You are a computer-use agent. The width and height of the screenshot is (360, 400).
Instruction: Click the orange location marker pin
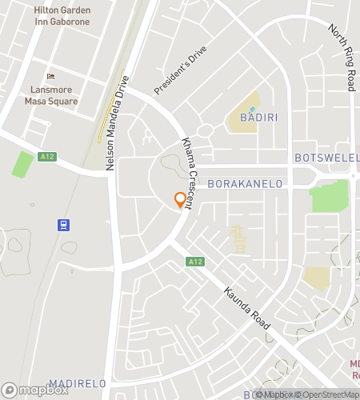(180, 200)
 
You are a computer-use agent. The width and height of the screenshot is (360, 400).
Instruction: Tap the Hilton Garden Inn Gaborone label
(62, 15)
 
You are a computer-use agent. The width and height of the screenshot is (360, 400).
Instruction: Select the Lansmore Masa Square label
(50, 96)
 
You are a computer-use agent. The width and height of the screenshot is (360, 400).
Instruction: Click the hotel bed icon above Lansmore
(51, 76)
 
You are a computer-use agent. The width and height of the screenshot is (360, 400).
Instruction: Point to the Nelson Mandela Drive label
(117, 121)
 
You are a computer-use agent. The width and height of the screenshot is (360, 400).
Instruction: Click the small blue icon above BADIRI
(253, 110)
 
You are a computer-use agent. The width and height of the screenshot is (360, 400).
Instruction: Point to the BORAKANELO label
(246, 184)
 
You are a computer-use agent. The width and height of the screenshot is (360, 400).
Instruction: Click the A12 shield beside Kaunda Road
(195, 262)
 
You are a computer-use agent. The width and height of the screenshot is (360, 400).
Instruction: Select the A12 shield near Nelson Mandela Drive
(46, 158)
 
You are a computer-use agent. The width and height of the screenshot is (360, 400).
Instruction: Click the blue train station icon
(62, 224)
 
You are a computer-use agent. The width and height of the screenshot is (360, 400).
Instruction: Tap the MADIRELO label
(78, 384)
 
